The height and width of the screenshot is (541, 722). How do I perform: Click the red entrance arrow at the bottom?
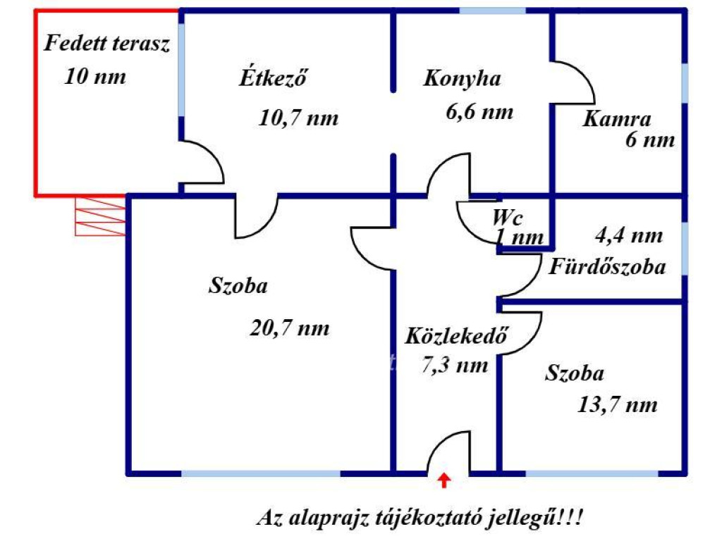coord(443,480)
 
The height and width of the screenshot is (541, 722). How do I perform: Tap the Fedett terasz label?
coord(107,44)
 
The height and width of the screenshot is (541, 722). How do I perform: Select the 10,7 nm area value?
coord(298,118)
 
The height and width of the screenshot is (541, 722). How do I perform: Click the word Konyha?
coord(462,78)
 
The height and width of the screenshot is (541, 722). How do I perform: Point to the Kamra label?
coord(616,118)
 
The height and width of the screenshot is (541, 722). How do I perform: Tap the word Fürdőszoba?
coord(608,268)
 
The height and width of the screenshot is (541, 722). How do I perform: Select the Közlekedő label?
coord(456,337)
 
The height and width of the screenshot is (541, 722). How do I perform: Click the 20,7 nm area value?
coord(289,328)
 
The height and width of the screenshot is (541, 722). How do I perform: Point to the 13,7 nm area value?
coord(617,404)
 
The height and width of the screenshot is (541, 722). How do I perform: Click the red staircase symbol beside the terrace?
coord(101,216)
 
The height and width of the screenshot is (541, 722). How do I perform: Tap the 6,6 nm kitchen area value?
coord(479,111)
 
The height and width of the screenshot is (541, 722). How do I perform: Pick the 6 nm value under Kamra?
coord(649,140)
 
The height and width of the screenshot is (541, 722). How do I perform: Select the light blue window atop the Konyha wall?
coord(492,11)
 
